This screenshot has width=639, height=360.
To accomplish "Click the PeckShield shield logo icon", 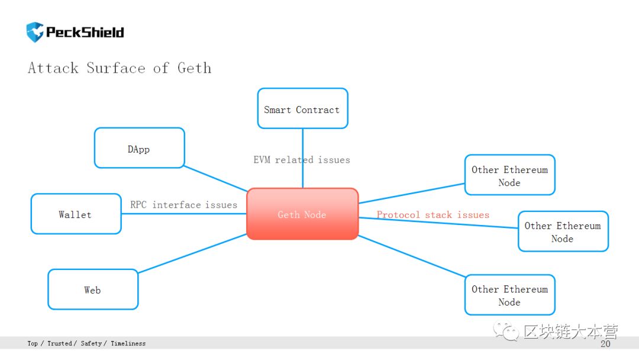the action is (x=35, y=32).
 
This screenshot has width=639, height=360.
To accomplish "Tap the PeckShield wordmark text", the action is (x=85, y=32).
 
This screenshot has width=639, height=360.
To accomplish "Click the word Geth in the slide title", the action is (x=195, y=67).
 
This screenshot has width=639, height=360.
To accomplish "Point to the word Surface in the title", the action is (x=116, y=67).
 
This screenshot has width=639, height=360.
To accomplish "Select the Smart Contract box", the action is (x=302, y=108).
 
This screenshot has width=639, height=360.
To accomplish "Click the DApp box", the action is (x=140, y=148).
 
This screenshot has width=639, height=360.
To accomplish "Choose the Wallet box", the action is (x=76, y=214).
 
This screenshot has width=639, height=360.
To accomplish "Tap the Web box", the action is (x=93, y=289).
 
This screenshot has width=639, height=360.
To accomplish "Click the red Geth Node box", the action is (x=302, y=214).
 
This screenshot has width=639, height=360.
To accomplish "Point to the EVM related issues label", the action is (x=302, y=160).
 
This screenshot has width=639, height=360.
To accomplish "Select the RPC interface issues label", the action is (x=183, y=205).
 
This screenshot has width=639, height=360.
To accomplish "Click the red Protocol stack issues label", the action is (x=433, y=215).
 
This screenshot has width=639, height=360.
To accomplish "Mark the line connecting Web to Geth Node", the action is (x=192, y=253).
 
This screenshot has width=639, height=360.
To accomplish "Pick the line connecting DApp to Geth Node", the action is (x=215, y=178).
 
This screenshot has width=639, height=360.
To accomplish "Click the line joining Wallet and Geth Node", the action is (x=184, y=214).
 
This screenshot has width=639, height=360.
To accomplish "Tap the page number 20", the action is (x=605, y=343).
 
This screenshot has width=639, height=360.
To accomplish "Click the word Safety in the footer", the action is (x=91, y=343).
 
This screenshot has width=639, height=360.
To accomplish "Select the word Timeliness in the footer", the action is (x=128, y=343).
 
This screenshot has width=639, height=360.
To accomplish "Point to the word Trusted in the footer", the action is (x=60, y=343).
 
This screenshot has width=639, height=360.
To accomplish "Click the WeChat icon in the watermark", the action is (x=506, y=331).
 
